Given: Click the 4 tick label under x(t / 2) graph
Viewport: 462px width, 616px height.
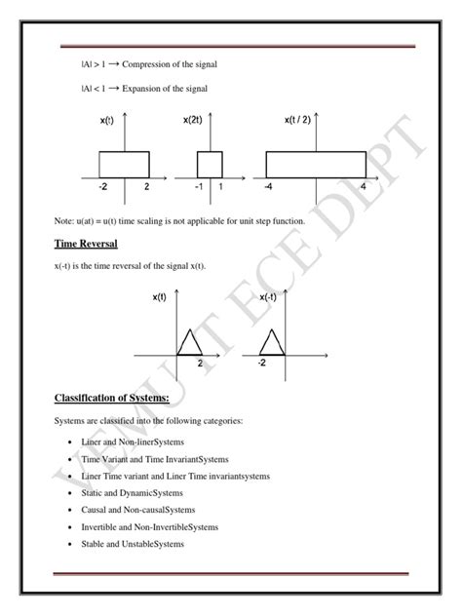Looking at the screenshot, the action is (362, 186).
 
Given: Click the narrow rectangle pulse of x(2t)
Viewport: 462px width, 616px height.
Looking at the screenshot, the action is (210, 164).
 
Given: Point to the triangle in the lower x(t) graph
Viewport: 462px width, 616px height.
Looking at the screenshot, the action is (187, 342).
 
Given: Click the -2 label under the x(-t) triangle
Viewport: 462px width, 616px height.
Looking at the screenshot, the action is (263, 363).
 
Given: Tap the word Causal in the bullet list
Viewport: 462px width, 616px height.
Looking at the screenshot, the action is (98, 510).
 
